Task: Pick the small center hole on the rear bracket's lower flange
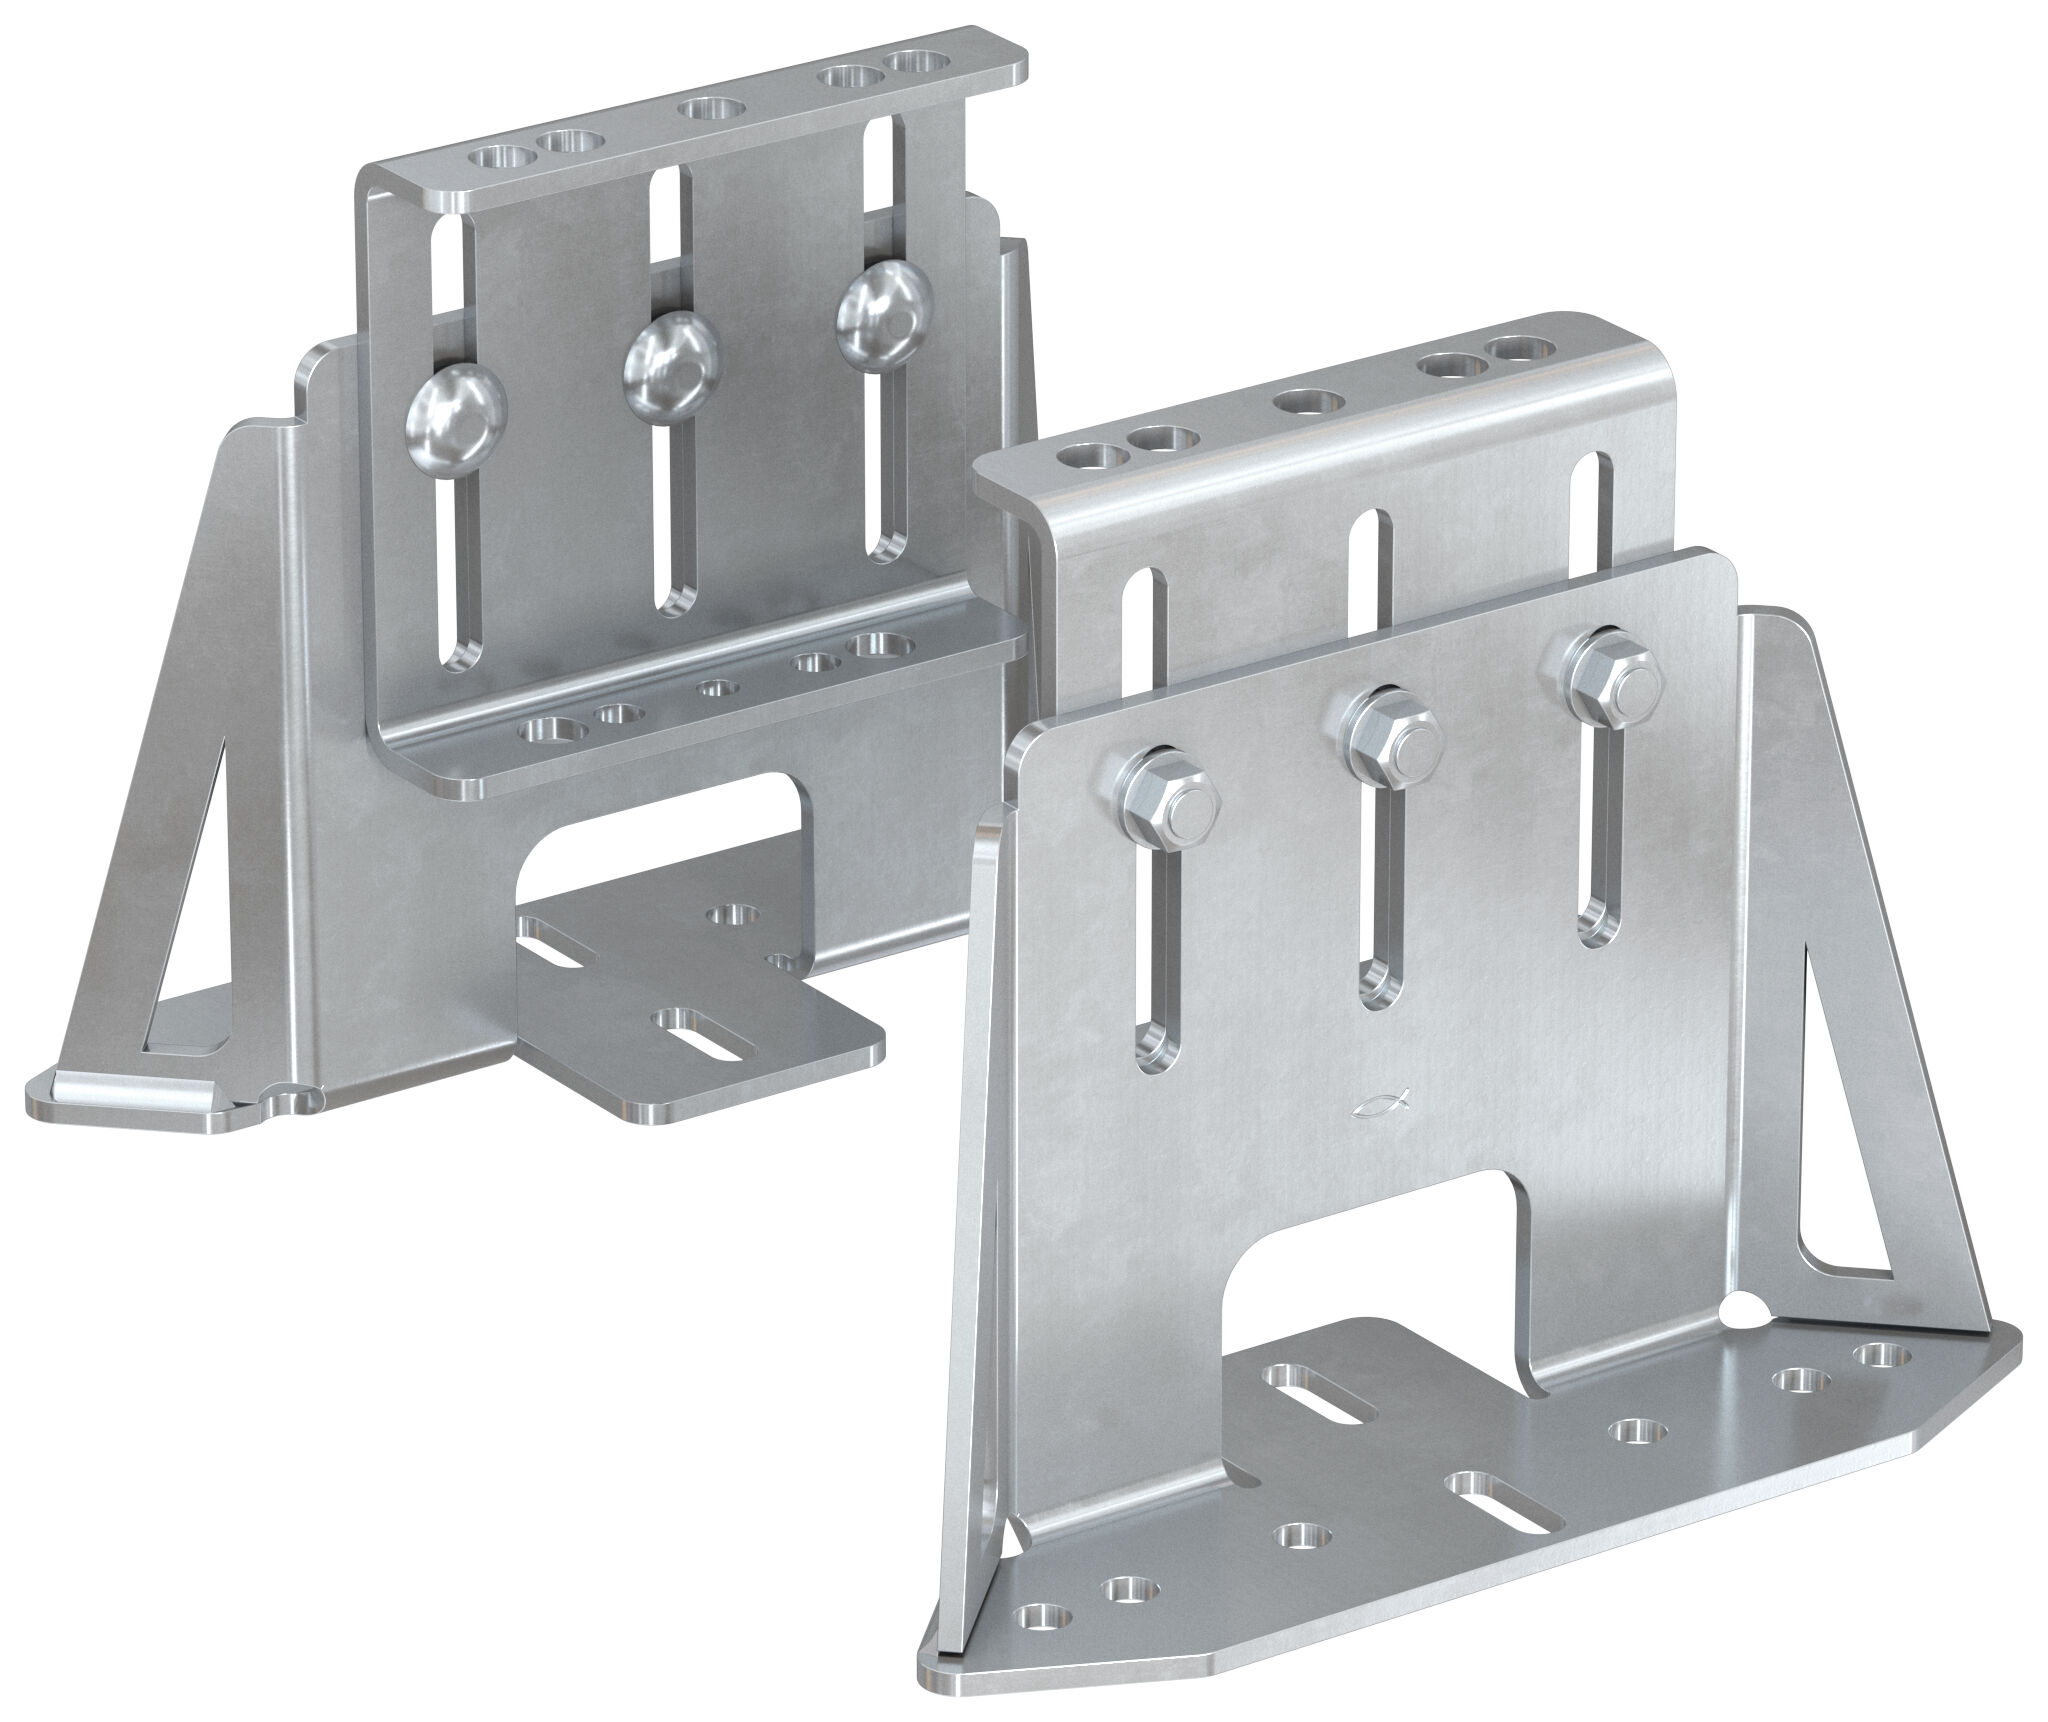(713, 688)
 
